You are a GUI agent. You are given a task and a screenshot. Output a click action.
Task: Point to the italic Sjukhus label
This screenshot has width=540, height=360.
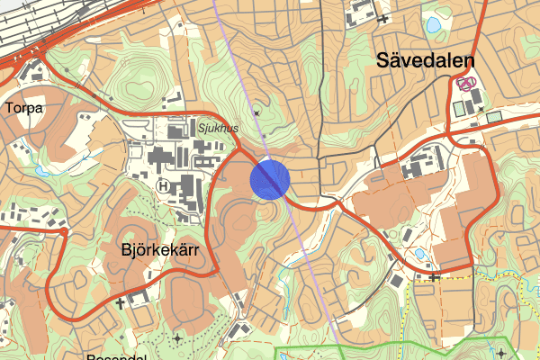click(x=218, y=129)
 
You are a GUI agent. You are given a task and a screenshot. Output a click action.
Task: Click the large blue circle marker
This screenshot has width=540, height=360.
click(x=270, y=178)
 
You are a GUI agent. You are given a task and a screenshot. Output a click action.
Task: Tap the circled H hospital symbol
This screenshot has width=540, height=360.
click(x=164, y=184)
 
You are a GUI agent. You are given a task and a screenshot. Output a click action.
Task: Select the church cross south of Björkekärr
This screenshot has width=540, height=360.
click(x=120, y=304)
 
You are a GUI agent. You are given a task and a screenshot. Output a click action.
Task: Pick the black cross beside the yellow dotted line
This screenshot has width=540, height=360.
click(x=435, y=276)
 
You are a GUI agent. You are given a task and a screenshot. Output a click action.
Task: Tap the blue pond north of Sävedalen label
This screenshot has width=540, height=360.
click(x=433, y=24)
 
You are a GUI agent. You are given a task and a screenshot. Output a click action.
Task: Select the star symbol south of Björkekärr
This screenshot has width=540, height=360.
click(x=177, y=337)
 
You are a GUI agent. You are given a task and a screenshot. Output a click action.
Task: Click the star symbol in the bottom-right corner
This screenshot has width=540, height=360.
click(x=500, y=352)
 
